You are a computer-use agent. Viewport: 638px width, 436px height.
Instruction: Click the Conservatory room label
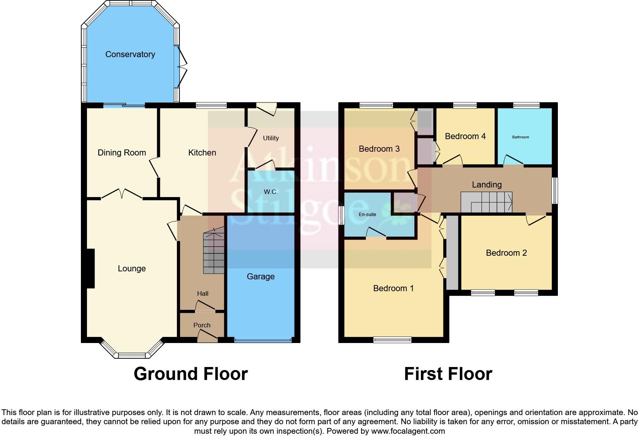[130, 54]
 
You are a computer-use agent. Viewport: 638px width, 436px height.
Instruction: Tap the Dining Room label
[122, 153]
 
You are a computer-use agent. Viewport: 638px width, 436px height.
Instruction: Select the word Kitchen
[202, 153]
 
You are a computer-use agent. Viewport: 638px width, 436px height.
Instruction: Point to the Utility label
[271, 138]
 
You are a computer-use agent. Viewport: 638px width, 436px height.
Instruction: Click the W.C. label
[271, 192]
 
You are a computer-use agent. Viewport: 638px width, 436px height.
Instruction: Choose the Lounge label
[132, 269]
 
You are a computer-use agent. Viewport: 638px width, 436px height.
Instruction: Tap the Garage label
[261, 277]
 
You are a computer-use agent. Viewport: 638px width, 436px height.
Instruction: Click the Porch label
[202, 325]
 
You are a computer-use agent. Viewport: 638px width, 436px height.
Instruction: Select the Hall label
[203, 293]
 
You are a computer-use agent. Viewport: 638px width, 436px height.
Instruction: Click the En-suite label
[367, 215]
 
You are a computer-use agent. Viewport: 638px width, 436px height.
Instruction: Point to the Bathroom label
[520, 137]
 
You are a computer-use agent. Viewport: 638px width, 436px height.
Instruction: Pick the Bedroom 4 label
[465, 136]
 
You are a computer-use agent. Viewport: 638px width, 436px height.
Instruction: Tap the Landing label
[487, 185]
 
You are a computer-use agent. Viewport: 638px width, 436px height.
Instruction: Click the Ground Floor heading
[191, 374]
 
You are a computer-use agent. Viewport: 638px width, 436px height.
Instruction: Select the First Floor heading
[448, 374]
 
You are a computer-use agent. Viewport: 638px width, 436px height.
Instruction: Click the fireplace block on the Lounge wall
[90, 268]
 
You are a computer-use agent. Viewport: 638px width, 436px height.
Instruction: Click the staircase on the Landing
[487, 202]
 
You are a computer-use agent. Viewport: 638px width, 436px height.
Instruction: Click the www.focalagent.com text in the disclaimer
[408, 431]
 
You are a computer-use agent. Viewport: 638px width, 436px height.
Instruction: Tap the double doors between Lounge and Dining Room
[122, 194]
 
